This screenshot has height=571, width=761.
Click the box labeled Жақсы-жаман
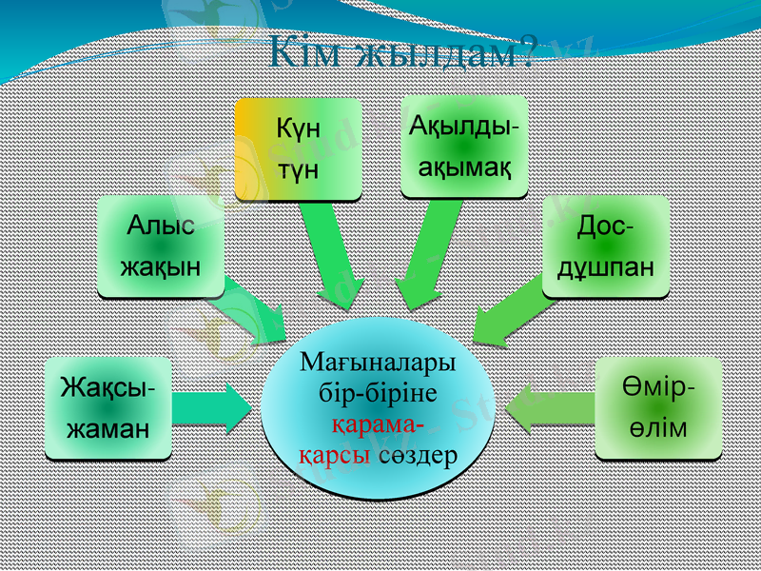108,408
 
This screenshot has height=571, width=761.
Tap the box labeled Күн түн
298,148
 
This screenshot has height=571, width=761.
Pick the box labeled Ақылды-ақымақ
463,147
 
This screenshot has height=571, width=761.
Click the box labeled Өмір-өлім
658,408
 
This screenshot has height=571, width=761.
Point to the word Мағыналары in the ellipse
378,364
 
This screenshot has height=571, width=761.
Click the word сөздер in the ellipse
418,454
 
